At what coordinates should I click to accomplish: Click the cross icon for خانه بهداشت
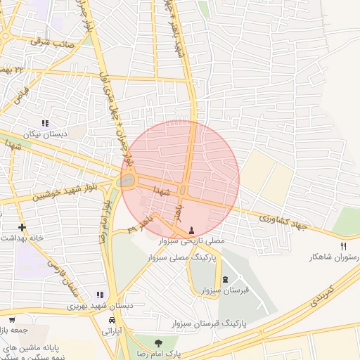pyautogui.click(x=22, y=227)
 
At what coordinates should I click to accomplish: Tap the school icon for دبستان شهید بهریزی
pyautogui.click(x=100, y=295)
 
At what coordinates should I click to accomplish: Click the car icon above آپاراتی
pyautogui.click(x=112, y=320)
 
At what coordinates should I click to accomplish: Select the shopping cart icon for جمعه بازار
pyautogui.click(x=11, y=320)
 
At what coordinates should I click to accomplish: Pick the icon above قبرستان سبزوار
pyautogui.click(x=225, y=279)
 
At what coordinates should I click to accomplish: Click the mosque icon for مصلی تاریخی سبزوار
pyautogui.click(x=192, y=230)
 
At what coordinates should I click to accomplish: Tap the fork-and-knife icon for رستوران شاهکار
pyautogui.click(x=344, y=246)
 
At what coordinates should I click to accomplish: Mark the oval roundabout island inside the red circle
pyautogui.click(x=127, y=181)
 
